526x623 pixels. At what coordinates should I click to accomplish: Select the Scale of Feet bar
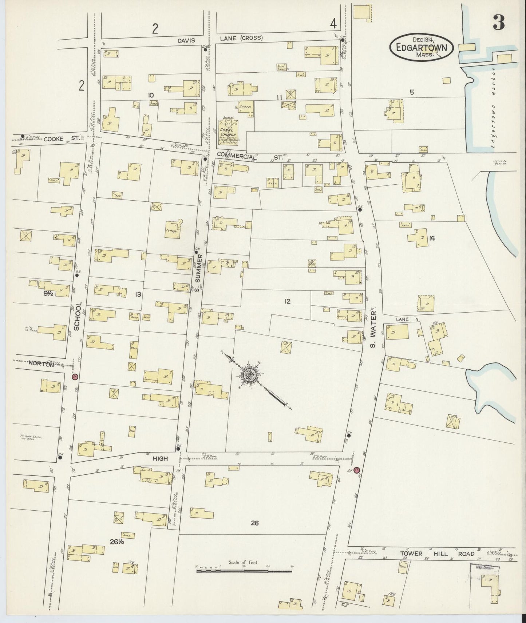pos(244,571)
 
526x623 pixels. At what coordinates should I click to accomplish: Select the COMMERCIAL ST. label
pos(250,156)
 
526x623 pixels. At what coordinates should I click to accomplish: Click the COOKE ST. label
pos(58,138)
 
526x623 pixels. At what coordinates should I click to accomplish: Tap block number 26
pos(254,523)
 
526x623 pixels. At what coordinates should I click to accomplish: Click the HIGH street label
pos(160,459)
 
